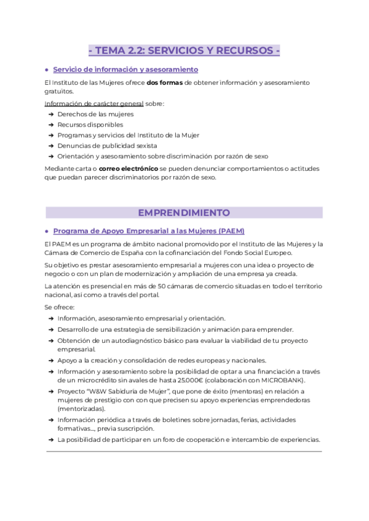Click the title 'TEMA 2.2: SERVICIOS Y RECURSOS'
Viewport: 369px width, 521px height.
[184, 51]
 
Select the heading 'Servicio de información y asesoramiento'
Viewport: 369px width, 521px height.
[125, 69]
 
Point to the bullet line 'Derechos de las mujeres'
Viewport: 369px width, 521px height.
[95, 114]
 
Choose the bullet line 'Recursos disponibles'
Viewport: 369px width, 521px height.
[90, 124]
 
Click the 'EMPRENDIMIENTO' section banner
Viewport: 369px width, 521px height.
[184, 213]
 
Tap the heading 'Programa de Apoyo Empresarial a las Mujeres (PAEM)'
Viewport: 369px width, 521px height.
[149, 231]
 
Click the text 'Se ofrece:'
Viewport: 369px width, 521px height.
[60, 307]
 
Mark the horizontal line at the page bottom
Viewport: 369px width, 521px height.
[184, 452]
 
